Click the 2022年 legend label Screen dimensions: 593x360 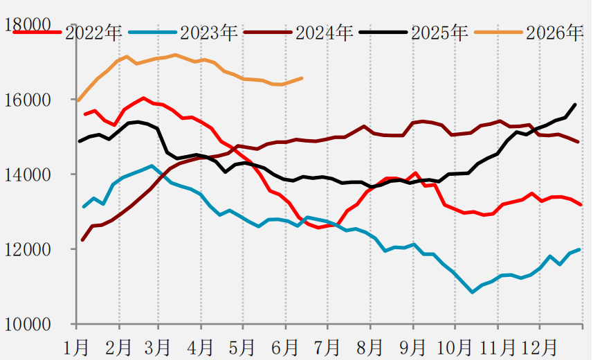click(93, 33)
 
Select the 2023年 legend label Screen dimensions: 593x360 click(209, 33)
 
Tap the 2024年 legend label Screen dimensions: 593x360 click(324, 33)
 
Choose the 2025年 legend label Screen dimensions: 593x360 click(439, 33)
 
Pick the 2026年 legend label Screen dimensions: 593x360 click(555, 33)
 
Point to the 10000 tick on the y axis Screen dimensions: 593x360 click(28, 325)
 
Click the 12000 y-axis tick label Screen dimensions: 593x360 click(28, 249)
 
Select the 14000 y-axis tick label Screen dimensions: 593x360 click(28, 175)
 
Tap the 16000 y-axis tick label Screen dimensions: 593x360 click(28, 100)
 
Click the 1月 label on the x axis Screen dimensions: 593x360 click(77, 347)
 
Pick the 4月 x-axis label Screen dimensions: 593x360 click(201, 347)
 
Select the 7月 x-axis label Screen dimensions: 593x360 click(327, 347)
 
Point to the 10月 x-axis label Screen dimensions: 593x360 click(455, 347)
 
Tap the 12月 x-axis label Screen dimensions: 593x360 click(539, 347)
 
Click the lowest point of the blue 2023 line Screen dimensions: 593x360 click(472, 292)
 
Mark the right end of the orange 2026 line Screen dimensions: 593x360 click(302, 78)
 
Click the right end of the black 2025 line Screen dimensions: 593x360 click(575, 105)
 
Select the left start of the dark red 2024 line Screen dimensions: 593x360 click(82, 240)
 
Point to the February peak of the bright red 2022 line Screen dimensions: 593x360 click(143, 98)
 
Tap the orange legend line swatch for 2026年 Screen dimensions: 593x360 click(498, 33)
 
